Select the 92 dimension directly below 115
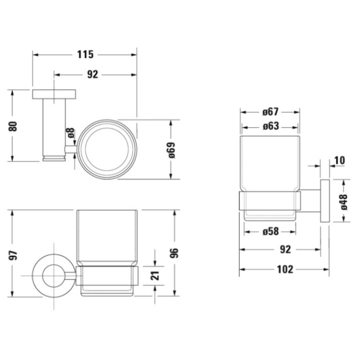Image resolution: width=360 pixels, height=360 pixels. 92,74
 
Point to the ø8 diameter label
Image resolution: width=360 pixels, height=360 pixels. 70,133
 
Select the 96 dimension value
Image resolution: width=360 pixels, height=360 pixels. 173,253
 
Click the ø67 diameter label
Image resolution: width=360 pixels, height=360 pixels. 270,111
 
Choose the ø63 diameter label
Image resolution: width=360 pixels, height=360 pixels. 270,126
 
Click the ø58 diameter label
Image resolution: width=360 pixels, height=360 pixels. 270,231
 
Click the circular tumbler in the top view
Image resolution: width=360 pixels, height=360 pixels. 106,148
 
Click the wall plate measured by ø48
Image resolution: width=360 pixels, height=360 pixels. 324,200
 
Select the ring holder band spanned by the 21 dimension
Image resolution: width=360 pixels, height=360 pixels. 107,275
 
